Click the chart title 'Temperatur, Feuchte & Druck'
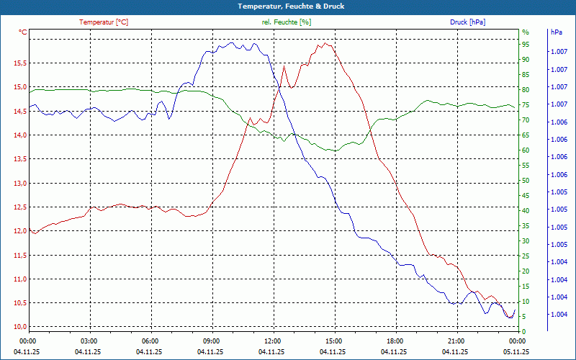coord(287,6)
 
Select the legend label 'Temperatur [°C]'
coord(104,22)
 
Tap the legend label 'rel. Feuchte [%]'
coord(287,22)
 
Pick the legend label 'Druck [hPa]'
coord(467,22)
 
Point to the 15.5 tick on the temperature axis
coord(20,63)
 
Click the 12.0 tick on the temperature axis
coord(20,231)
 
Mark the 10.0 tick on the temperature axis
coord(20,327)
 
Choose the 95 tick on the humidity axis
coord(526,44)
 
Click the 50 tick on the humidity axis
coord(526,180)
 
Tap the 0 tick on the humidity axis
coord(523,331)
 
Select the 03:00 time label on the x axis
coord(89,341)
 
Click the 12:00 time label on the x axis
coord(273,341)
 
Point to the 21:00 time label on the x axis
coord(456,341)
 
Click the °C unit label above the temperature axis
coord(23,32)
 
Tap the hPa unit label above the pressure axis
coord(557,32)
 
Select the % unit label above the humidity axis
coord(525,32)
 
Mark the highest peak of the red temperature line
coord(325,43)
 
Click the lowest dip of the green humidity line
coord(333,150)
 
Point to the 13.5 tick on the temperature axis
coord(20,159)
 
